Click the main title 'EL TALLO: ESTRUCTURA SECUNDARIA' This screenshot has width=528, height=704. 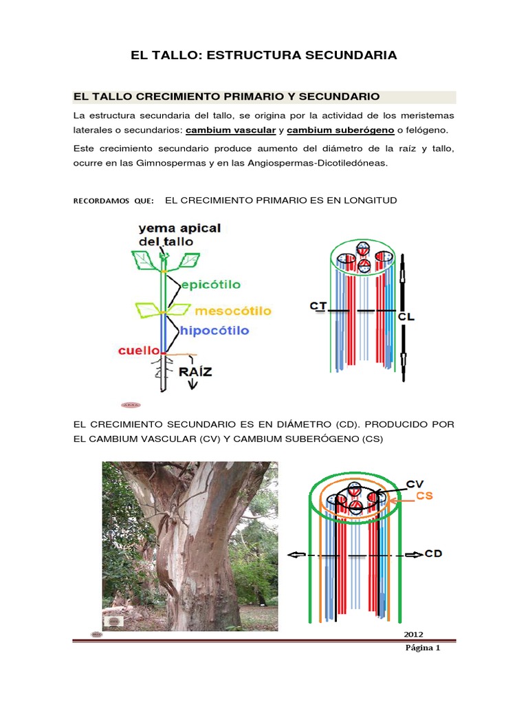[264, 55]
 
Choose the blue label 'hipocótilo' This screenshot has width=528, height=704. [214, 331]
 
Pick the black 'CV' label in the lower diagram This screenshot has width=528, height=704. [415, 483]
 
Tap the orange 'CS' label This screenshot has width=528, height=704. [425, 496]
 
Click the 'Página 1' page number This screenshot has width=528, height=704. [423, 648]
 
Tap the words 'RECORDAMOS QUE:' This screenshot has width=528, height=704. [113, 201]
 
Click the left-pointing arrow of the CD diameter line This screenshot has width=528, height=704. [296, 555]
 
